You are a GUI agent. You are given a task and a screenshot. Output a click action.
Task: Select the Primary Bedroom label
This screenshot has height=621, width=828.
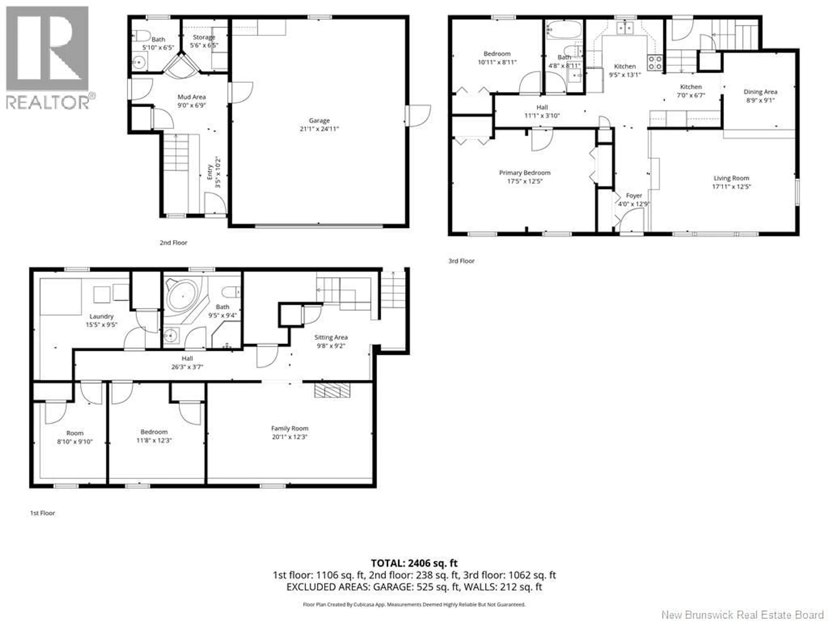524,172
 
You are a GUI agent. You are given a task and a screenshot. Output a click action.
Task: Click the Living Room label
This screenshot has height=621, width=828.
731,178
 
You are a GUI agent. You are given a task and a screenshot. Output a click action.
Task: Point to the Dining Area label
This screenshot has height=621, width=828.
760,92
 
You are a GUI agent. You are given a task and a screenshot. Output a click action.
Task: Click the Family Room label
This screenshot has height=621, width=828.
290,428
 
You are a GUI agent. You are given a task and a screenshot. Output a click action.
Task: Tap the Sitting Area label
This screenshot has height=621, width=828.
331,337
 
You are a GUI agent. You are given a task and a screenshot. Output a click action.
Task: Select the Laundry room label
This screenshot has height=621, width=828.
101,316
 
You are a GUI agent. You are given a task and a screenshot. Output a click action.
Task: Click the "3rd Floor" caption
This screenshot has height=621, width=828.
461,261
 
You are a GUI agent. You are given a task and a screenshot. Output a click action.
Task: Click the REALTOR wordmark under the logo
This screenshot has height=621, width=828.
48,102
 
